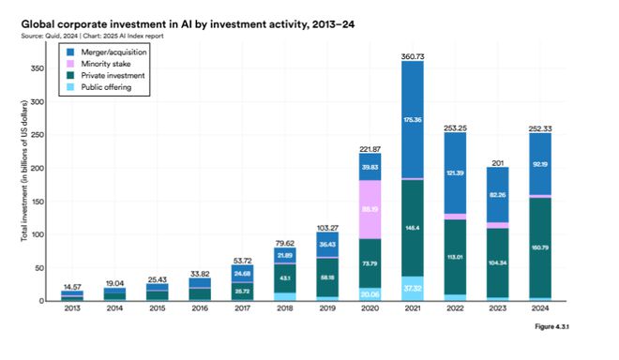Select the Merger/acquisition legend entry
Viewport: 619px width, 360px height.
[x=108, y=52]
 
